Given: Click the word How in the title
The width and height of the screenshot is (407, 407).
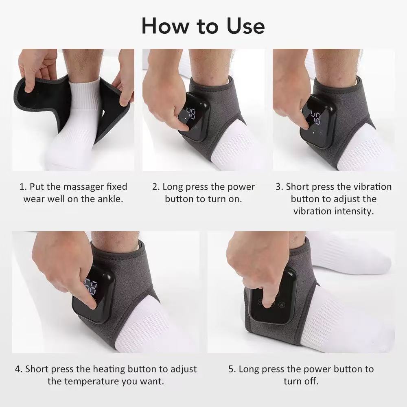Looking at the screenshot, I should click(162, 26).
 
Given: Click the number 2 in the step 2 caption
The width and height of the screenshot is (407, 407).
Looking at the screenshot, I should click(155, 187).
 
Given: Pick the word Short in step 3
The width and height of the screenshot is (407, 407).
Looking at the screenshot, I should click(298, 187).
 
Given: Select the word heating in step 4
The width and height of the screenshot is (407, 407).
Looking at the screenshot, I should click(109, 369).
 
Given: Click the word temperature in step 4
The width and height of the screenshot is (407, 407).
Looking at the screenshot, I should click(94, 381).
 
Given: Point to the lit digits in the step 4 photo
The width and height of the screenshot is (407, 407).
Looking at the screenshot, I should click(90, 287).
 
